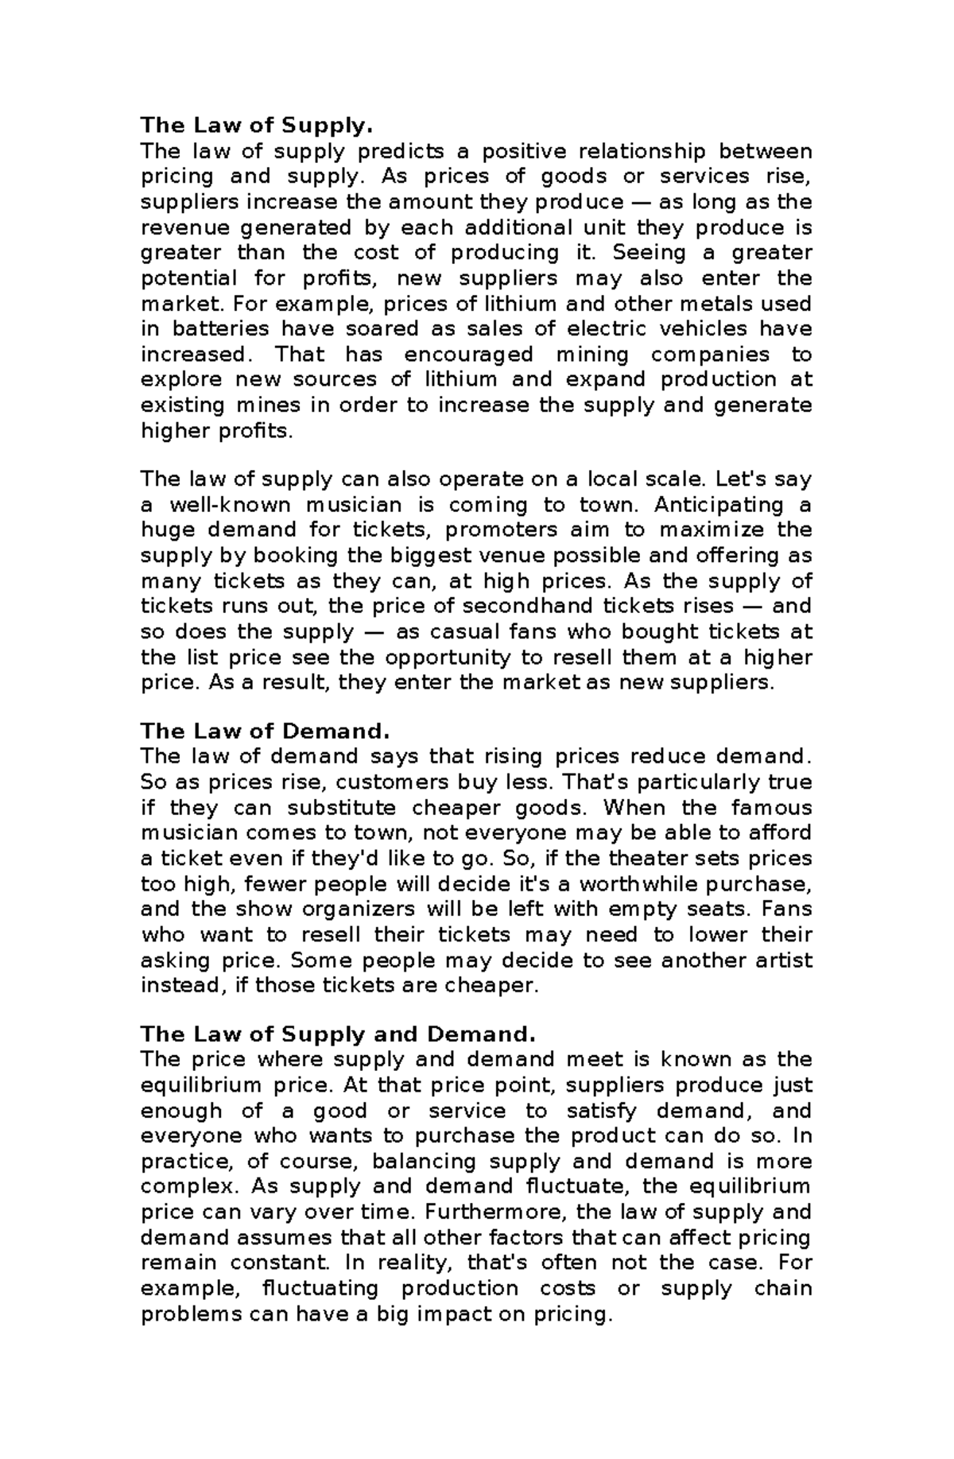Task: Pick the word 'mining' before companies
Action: [592, 355]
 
